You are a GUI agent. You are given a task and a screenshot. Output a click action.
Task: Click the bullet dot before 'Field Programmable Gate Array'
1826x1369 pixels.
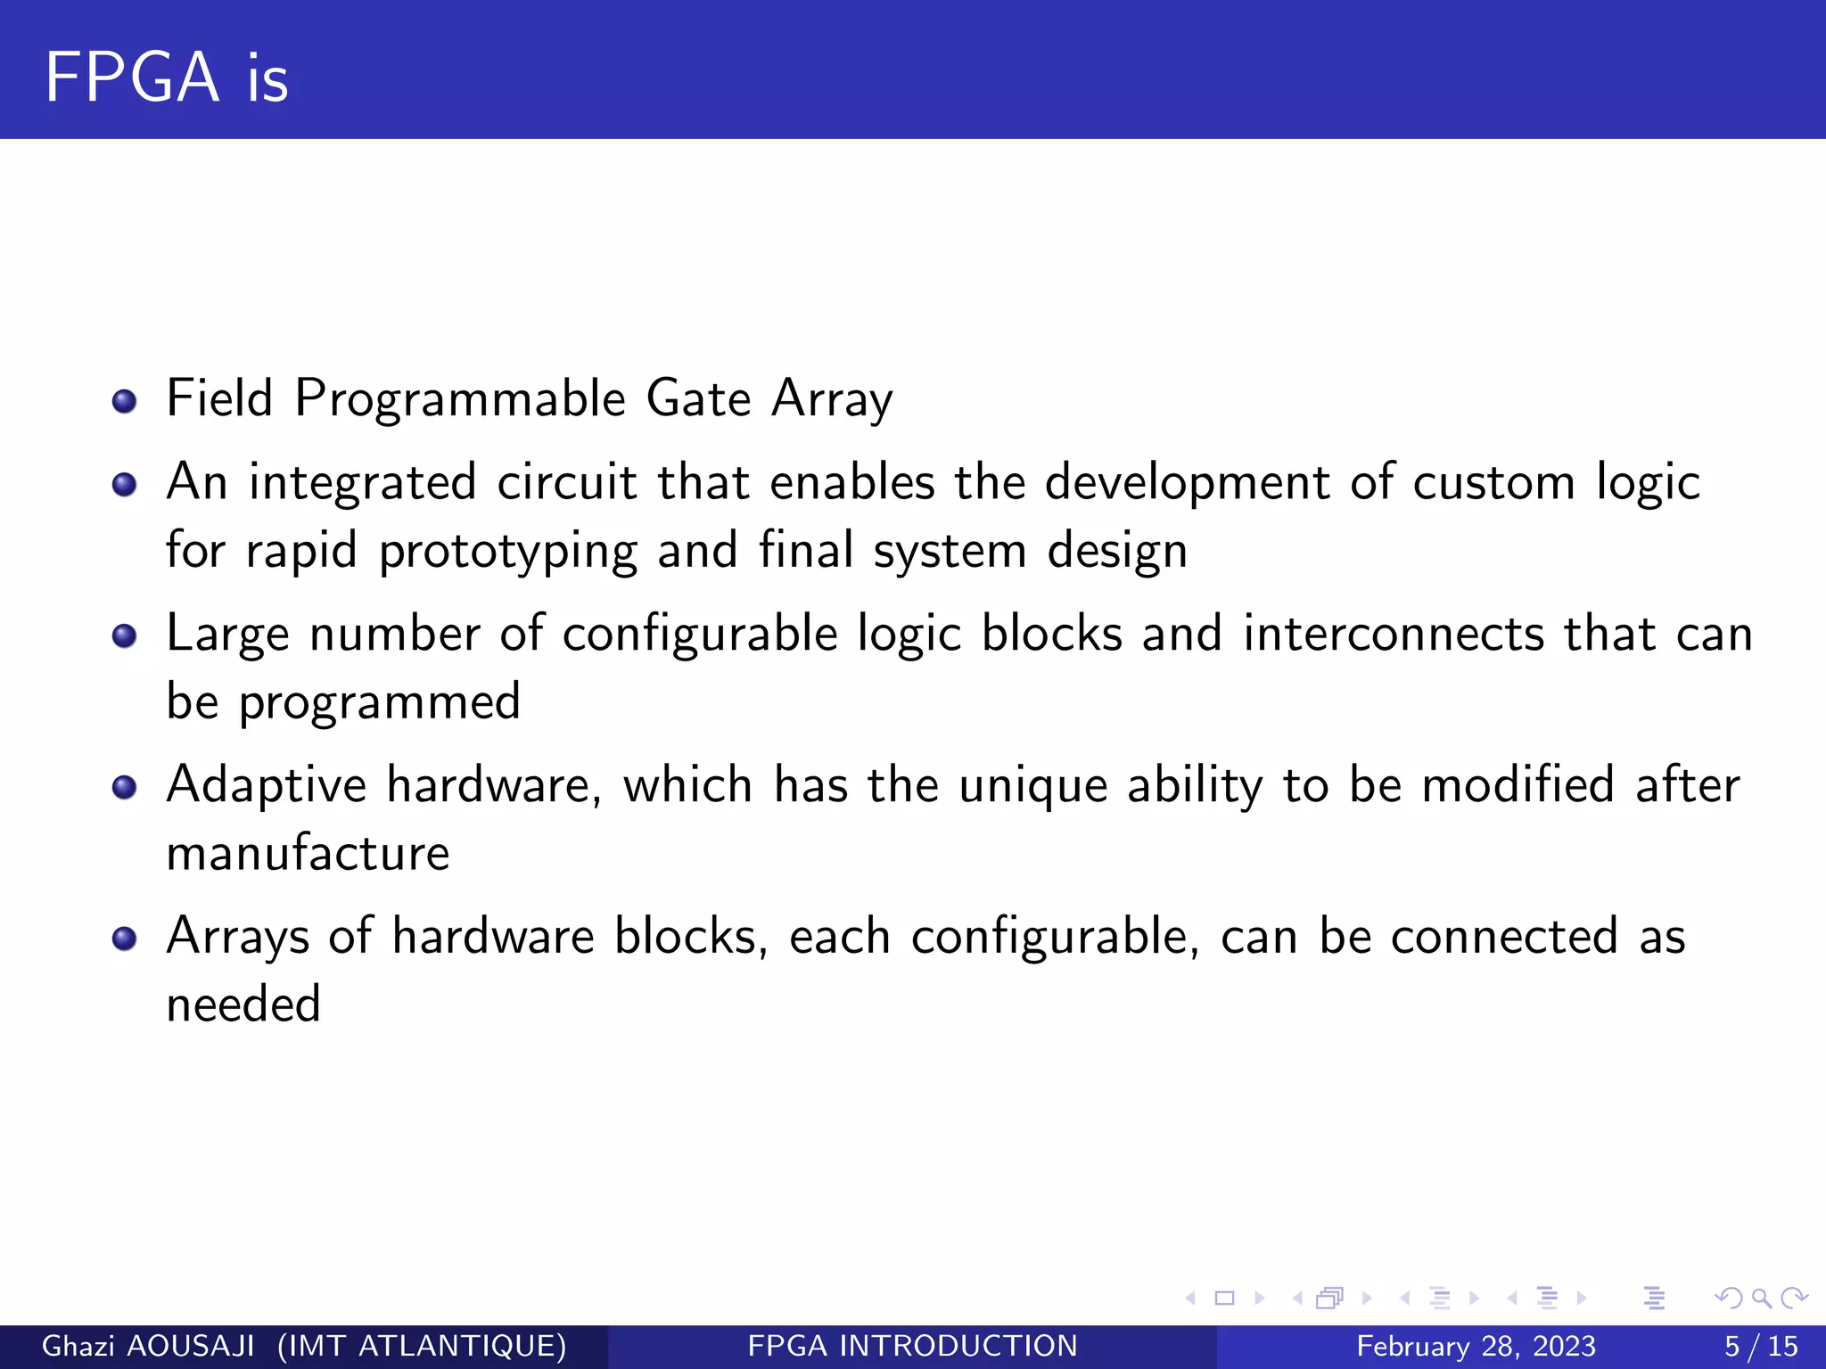pyautogui.click(x=125, y=401)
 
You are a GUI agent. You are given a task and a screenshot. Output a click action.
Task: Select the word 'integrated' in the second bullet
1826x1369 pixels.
pyautogui.click(x=362, y=483)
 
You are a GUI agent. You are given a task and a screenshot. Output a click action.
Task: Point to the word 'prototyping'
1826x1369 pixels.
pyautogui.click(x=507, y=552)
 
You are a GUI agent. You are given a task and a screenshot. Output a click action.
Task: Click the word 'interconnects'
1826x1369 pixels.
pyautogui.click(x=1393, y=634)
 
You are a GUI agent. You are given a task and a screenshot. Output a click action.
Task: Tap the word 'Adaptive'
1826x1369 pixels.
pyautogui.click(x=266, y=786)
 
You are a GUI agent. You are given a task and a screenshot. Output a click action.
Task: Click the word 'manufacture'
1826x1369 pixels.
pyautogui.click(x=308, y=853)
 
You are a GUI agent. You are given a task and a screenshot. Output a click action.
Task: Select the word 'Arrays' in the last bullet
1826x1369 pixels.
pyautogui.click(x=237, y=938)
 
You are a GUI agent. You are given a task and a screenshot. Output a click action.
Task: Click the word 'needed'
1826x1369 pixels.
pyautogui.click(x=243, y=1004)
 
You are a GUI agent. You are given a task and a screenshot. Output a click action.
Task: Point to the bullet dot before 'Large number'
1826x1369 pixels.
pyautogui.click(x=125, y=636)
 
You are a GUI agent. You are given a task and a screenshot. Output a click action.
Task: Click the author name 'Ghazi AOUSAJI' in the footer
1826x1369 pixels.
pyautogui.click(x=148, y=1346)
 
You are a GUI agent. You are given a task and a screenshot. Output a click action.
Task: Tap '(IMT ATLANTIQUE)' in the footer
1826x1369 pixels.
pyautogui.click(x=422, y=1346)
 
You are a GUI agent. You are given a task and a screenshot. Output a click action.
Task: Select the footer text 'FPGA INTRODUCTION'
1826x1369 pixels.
pyautogui.click(x=912, y=1346)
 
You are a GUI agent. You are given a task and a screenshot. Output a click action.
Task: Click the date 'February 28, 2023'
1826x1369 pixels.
pyautogui.click(x=1476, y=1346)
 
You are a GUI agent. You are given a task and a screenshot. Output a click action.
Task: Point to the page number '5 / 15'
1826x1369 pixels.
pyautogui.click(x=1761, y=1346)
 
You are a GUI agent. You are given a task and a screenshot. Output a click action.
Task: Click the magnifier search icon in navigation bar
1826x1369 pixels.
pyautogui.click(x=1761, y=1298)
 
